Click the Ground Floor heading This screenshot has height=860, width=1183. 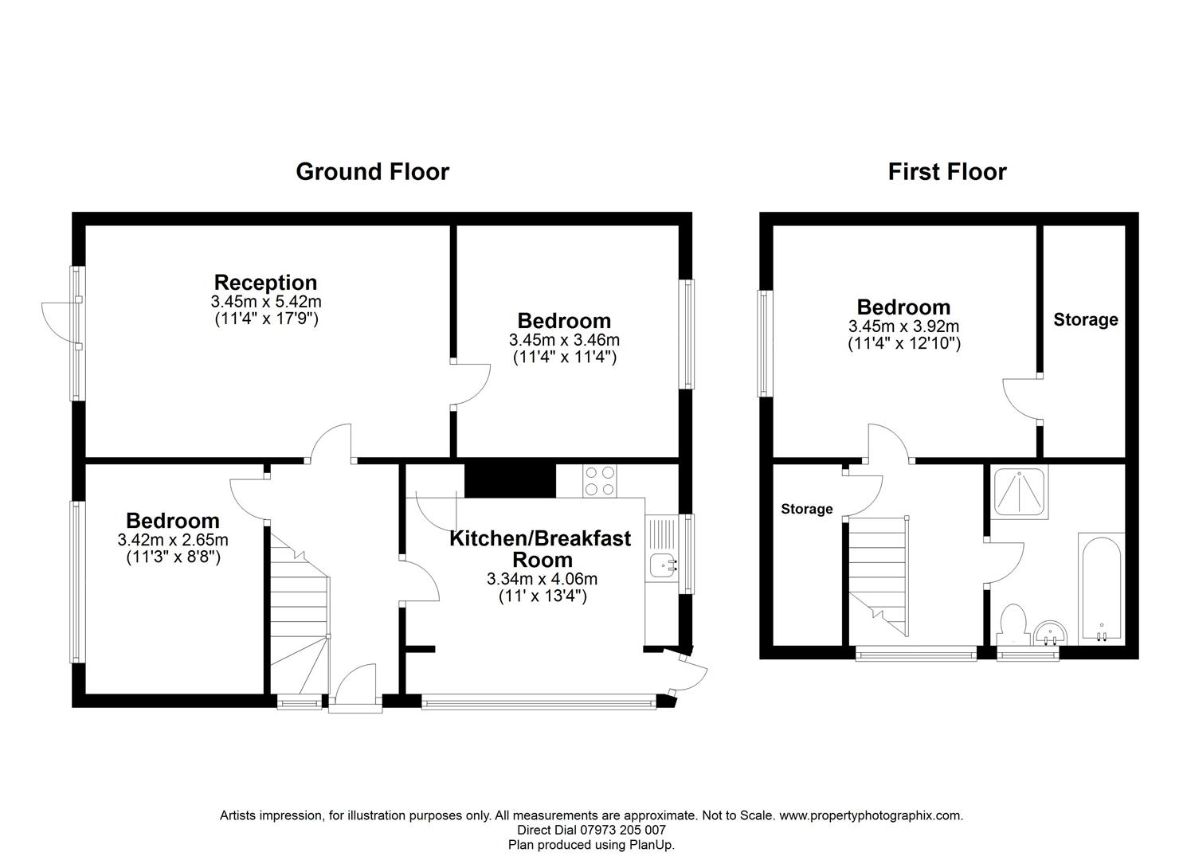click(372, 171)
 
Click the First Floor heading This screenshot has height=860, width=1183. click(946, 171)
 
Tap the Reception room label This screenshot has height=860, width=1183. click(265, 282)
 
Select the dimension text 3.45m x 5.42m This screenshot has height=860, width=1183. click(265, 302)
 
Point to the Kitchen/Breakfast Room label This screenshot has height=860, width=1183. click(539, 549)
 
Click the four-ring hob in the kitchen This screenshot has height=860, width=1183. click(600, 481)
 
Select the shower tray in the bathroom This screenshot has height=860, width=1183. click(1020, 492)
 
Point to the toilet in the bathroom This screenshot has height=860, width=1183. click(1012, 624)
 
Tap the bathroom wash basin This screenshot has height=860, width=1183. click(1052, 634)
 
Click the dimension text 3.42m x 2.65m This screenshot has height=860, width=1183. click(173, 540)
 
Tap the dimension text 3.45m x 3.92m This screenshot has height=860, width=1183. click(903, 326)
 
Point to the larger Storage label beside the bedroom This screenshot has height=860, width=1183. click(1085, 320)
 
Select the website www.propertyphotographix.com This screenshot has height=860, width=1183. click(870, 815)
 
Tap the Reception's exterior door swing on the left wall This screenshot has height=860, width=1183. click(60, 319)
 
